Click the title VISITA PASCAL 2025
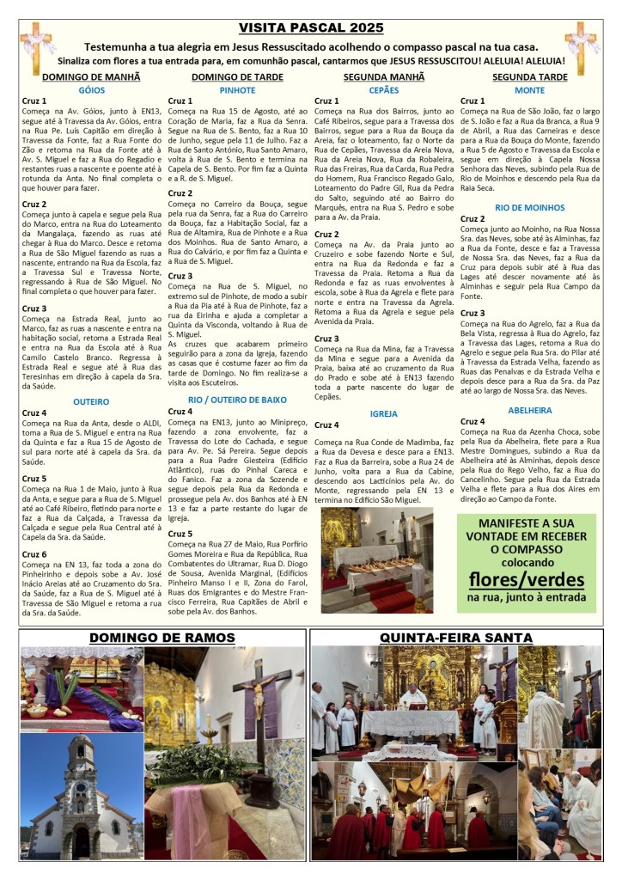pos(310,29)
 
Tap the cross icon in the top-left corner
pos(37,47)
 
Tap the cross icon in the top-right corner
pos(581,47)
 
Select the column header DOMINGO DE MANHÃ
pos(91,76)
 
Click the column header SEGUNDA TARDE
pos(529,76)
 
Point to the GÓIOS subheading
pos(91,89)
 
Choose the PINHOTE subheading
pos(237,89)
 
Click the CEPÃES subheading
pos(383,89)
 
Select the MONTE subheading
pos(529,89)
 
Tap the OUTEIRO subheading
pos(91,401)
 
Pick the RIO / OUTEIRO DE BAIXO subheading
pos(237,400)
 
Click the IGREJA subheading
pos(383,413)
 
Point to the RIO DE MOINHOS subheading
pos(529,208)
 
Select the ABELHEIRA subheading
pos(529,410)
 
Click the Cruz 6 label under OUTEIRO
pos(34,554)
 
